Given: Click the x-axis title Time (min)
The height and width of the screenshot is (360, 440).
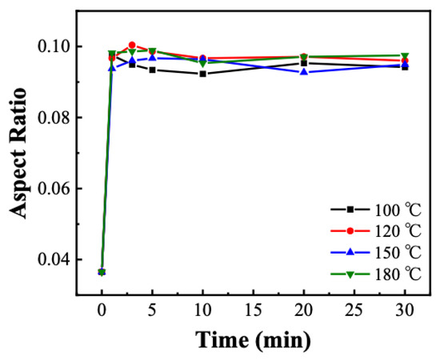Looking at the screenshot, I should coord(252,340).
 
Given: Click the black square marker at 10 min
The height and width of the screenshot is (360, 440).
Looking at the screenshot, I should coord(202,74).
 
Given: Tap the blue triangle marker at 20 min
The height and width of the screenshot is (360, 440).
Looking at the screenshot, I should coord(303,72).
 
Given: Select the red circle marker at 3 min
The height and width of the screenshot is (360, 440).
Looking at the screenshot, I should coord(132,45).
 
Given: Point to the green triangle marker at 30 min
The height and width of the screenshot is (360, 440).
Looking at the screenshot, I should coord(404,55).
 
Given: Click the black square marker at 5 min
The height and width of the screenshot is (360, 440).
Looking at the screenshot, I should coord(152,70).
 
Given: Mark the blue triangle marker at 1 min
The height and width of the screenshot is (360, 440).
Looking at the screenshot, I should coord(112,68).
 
